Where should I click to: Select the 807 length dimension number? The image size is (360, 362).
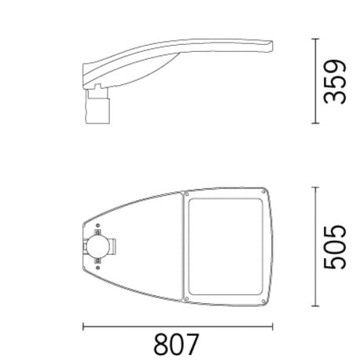tap(176, 345)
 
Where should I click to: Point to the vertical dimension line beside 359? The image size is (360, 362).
tap(317, 81)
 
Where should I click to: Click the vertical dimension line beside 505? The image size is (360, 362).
tap(317, 248)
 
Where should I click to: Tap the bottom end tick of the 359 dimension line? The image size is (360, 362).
tap(317, 124)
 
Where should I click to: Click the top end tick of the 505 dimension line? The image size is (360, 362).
tap(317, 188)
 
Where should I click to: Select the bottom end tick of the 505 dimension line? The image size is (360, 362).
tap(317, 308)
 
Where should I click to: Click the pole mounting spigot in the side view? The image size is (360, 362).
tap(97, 104)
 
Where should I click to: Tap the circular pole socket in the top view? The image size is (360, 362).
tap(98, 247)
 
